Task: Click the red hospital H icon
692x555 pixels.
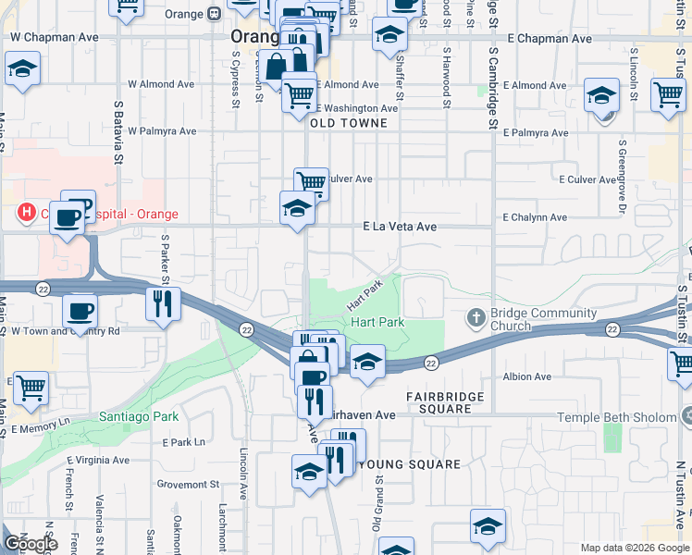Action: (27, 214)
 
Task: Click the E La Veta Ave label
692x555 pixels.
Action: (399, 226)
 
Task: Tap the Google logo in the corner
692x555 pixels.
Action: (30, 544)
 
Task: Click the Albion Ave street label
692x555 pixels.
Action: (527, 376)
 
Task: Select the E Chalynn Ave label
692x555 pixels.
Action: (534, 217)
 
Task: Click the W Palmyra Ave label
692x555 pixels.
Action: (162, 131)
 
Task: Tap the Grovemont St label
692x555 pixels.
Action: (188, 484)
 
